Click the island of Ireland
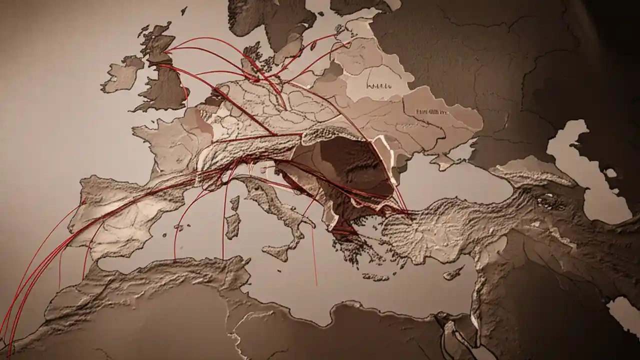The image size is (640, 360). [x=121, y=75]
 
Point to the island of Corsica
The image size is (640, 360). [x=234, y=203]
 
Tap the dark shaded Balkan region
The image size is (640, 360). [x=350, y=170]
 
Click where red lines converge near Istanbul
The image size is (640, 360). [x=407, y=212]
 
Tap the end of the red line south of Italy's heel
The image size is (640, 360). [x=316, y=285]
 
